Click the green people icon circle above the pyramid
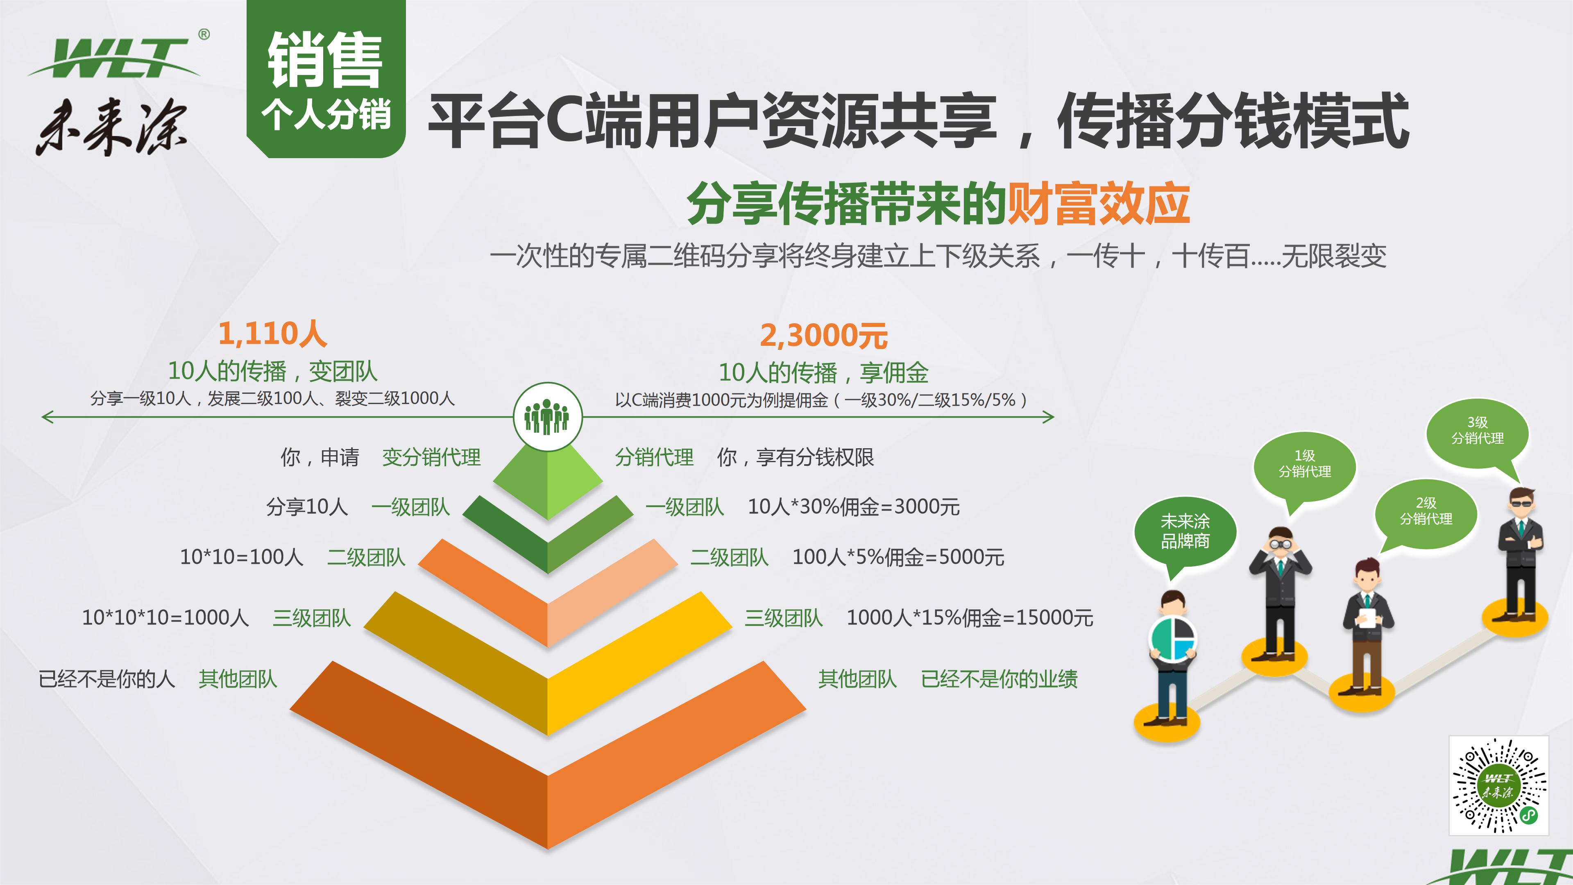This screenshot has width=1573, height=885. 547,417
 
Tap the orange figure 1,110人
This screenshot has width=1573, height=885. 272,334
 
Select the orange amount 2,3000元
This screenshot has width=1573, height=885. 823,335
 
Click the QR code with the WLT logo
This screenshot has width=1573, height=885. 1498,785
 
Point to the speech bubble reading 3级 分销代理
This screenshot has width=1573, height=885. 1477,431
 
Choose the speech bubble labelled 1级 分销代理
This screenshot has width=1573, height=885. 1304,464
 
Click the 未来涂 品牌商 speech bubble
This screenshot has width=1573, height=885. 1185,531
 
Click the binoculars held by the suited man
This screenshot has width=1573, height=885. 1281,542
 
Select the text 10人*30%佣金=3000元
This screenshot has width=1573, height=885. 853,507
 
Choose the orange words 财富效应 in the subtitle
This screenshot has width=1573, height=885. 1097,204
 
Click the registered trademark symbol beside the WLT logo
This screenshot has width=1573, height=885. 204,35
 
